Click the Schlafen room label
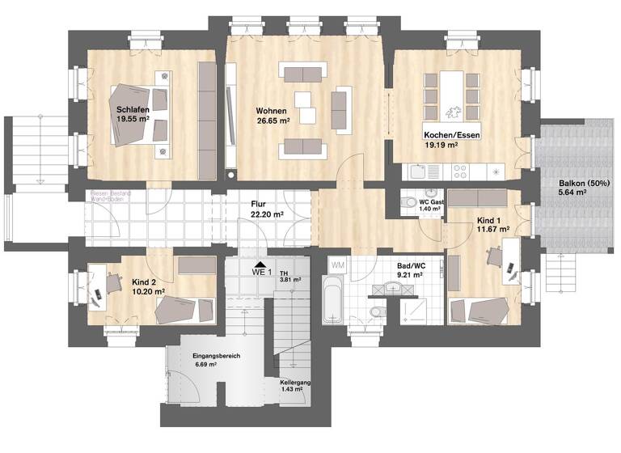click(132, 109)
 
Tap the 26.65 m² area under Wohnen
click(272, 121)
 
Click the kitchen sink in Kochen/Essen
click(417, 171)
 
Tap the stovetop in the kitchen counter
click(460, 171)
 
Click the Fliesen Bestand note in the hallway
click(113, 195)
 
